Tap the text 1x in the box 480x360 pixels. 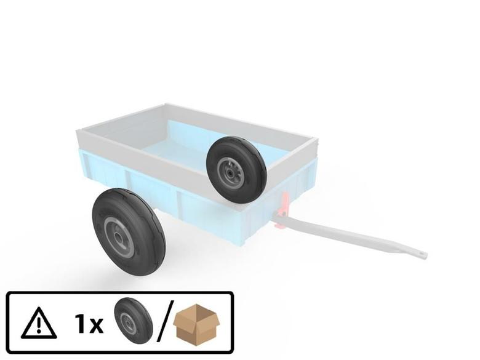tap(89, 324)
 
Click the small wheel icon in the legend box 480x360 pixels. tap(134, 321)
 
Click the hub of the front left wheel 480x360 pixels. tap(118, 238)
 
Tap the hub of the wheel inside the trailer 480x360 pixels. tap(230, 172)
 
